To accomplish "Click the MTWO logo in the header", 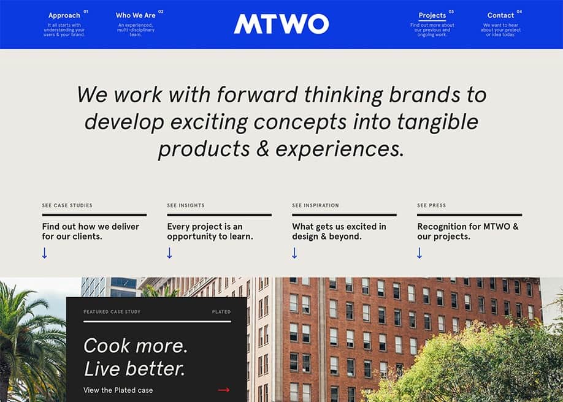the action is tap(281, 24).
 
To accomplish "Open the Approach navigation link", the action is tap(64, 15).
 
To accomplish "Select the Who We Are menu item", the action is tap(136, 15).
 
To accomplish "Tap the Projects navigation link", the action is tap(432, 15).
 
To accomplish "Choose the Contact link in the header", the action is tap(500, 15).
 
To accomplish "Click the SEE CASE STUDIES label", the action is tap(67, 205).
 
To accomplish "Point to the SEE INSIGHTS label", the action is tap(186, 205).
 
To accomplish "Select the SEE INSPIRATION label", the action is tap(315, 205).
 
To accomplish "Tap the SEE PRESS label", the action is tap(431, 205).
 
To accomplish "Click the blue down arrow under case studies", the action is tap(45, 253).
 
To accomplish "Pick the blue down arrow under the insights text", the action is tap(169, 253).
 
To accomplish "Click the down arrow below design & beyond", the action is tap(294, 253).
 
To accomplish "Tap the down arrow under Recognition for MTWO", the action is tap(419, 253).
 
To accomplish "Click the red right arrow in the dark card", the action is tap(224, 390).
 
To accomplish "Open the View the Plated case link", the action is tap(118, 390).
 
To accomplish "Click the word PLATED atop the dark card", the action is tap(221, 312).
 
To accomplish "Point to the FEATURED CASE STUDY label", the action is tap(112, 312).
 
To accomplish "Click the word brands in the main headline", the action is tap(424, 95).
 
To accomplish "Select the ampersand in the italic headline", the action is tap(263, 148).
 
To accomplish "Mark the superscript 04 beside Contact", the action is tap(519, 12).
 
